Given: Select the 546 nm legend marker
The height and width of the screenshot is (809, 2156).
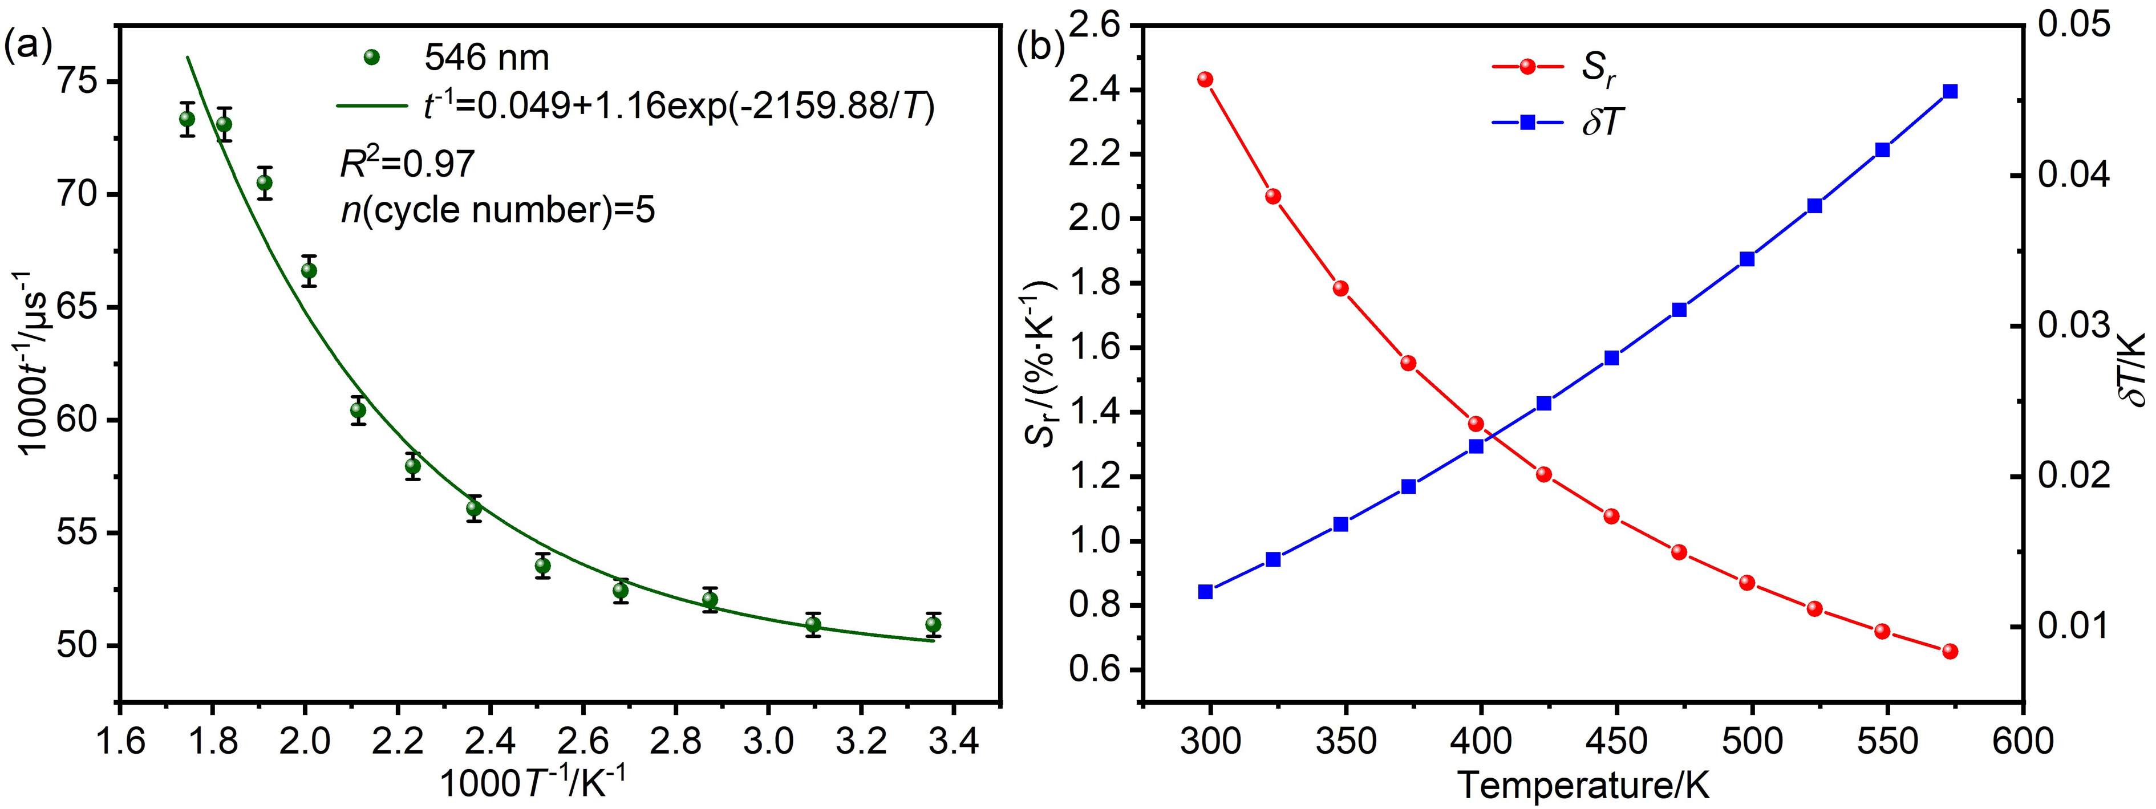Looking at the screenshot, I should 372,58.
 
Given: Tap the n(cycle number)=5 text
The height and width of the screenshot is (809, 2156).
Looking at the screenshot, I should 498,209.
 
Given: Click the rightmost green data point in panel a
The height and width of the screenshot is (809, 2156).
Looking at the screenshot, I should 933,624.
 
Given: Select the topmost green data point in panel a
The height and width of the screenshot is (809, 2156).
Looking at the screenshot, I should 188,119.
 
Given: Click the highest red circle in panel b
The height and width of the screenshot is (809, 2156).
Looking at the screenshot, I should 1205,79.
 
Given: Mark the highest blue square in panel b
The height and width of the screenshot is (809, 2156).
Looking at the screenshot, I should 1950,91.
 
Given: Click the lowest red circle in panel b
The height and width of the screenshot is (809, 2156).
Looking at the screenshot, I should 1950,651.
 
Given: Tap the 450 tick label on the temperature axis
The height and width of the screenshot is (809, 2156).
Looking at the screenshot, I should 1616,741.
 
